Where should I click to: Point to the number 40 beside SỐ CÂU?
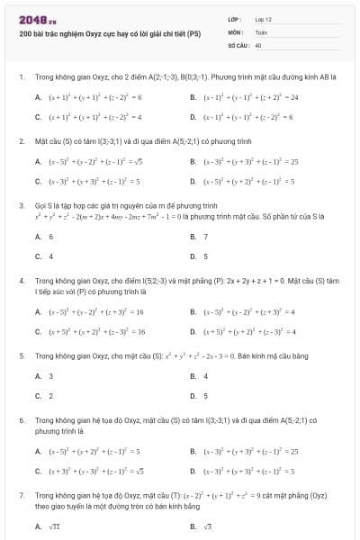point(258,44)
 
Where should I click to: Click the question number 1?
point(21,77)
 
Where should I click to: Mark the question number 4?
point(21,280)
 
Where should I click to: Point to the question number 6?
point(21,420)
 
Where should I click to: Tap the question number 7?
point(21,495)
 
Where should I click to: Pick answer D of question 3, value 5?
point(206,256)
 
